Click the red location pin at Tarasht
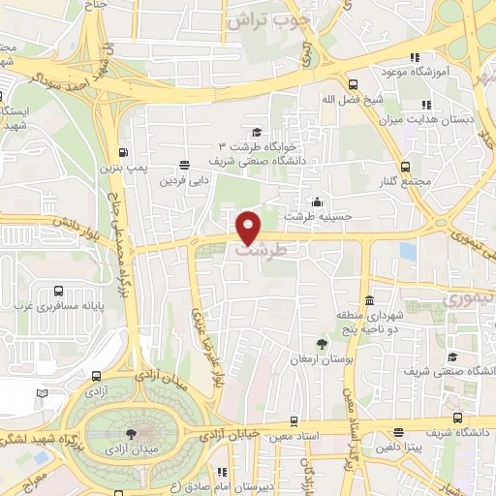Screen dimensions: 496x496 [249, 227]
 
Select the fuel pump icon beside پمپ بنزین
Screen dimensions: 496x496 [123, 151]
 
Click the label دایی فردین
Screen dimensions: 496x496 [185, 180]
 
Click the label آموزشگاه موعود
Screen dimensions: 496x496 [449, 72]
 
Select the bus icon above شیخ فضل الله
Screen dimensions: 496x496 [352, 84]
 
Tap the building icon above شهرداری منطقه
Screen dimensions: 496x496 [369, 301]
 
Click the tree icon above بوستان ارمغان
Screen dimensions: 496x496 [322, 344]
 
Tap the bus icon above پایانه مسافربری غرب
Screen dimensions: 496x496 [59, 290]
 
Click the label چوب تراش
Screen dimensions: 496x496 [268, 18]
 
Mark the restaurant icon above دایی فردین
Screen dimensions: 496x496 [185, 164]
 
